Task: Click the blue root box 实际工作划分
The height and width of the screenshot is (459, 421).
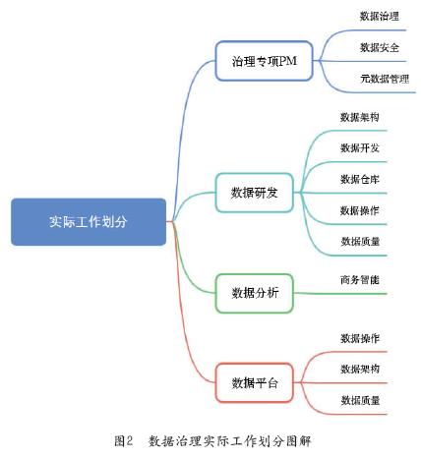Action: point(89,222)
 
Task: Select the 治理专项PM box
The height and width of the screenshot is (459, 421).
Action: point(264,61)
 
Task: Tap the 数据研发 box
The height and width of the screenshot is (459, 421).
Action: point(254,193)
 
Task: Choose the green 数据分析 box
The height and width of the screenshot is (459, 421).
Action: point(254,293)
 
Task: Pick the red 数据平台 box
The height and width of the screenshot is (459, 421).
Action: point(254,382)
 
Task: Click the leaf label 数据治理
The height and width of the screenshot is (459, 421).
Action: point(380,16)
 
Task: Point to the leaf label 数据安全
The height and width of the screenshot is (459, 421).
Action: point(380,47)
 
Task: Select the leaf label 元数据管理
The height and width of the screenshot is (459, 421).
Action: point(385,79)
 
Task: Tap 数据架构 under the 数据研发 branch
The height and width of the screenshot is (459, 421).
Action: point(360,117)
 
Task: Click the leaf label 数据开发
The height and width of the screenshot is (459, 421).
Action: point(360,148)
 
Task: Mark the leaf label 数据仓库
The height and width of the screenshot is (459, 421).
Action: point(360,179)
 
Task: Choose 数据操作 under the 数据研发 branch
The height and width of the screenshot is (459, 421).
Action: point(360,210)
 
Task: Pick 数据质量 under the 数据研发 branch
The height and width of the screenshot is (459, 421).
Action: point(360,242)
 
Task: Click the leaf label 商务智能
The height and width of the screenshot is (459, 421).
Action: point(360,280)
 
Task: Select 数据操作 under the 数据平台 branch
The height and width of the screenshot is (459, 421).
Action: point(360,338)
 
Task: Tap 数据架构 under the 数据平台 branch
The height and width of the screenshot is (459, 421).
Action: point(360,370)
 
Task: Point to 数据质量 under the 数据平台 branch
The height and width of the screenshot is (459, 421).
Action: point(360,400)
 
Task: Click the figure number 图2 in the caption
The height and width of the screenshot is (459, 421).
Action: point(124,441)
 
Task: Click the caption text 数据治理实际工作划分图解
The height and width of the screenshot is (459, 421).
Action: point(229,441)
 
